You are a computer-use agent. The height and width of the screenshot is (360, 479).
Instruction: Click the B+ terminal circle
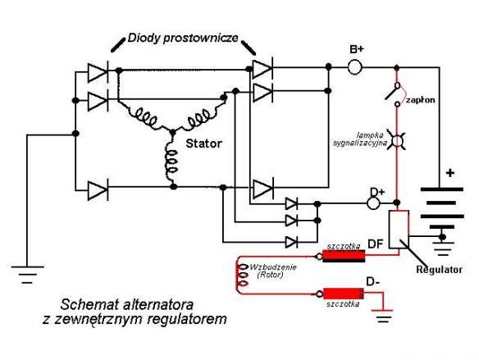click(354, 66)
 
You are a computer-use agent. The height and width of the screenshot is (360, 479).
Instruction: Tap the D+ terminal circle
click(372, 203)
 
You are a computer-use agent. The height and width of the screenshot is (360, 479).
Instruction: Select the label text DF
click(376, 244)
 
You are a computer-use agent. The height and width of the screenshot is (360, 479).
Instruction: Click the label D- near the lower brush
click(372, 281)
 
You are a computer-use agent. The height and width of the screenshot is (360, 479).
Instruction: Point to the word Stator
click(203, 144)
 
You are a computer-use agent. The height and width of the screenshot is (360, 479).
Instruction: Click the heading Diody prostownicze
click(183, 39)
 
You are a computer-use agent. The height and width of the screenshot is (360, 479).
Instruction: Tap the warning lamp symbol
click(397, 141)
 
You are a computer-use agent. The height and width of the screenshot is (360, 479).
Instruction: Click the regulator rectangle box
click(399, 229)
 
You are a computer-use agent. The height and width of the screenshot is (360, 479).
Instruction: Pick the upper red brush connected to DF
click(344, 256)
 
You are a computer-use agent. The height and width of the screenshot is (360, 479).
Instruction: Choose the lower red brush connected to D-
click(344, 294)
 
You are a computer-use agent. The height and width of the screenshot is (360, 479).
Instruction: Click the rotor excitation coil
click(242, 276)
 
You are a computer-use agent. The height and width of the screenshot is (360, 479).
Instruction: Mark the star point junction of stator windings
click(173, 132)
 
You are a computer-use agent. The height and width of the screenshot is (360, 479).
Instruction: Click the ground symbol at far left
click(28, 275)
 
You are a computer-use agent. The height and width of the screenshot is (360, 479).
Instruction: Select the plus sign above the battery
click(450, 173)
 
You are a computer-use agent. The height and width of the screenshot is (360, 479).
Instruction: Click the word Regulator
click(440, 270)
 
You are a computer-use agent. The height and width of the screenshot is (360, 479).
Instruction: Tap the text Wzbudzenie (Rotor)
click(273, 271)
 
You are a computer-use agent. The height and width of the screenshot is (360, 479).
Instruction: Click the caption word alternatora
click(158, 305)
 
